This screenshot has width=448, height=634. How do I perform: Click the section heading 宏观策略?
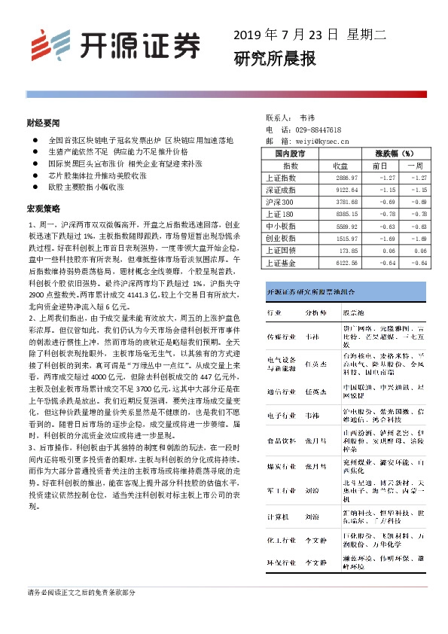point(43,207)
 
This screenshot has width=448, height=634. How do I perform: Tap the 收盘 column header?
point(340,165)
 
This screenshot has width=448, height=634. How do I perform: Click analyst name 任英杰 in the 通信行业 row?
point(315,392)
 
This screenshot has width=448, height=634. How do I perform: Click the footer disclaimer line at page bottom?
point(81,593)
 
